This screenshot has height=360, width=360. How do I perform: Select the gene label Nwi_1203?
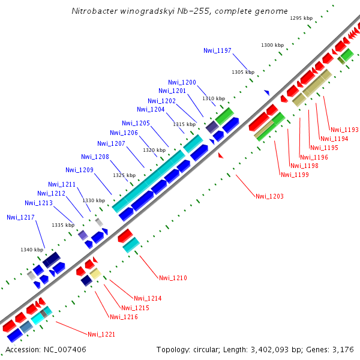tap(269, 196)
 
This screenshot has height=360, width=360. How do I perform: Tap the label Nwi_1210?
tap(173, 278)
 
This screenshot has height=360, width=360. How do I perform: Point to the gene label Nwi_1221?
tap(101, 334)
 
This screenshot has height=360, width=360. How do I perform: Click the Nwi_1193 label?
tap(344, 130)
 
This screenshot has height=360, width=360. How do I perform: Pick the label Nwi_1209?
tap(79, 170)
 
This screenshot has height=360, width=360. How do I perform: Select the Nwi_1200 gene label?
tap(182, 82)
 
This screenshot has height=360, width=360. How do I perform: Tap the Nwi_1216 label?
tap(122, 317)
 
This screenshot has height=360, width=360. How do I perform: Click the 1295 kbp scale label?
tap(301, 19)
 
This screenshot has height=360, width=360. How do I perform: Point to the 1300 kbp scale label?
tap(272, 46)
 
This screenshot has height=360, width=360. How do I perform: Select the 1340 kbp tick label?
tap(32, 250)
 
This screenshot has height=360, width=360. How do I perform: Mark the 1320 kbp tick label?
tap(154, 150)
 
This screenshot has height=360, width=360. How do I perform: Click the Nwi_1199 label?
tap(295, 175)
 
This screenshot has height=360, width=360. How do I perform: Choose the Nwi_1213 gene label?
tap(38, 203)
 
